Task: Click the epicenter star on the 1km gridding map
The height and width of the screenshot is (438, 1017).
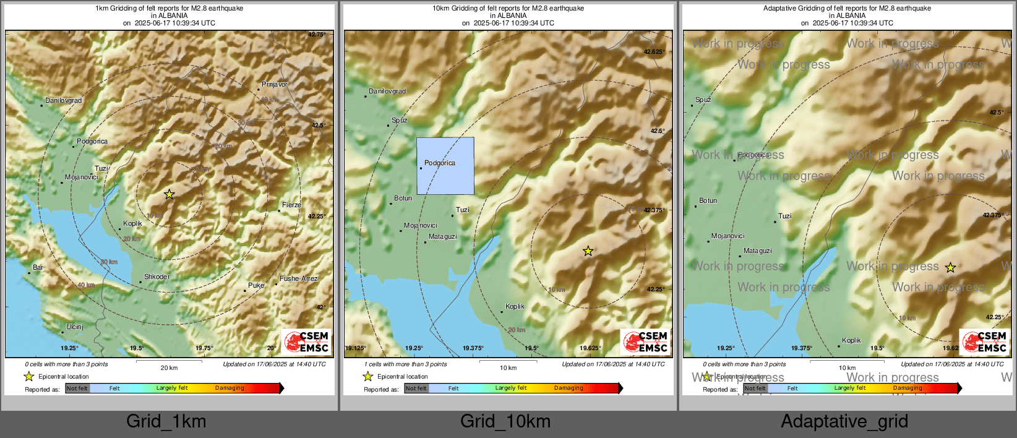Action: [169, 194]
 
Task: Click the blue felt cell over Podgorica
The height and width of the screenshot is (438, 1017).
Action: [445, 166]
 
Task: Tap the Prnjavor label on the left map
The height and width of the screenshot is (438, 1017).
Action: [275, 84]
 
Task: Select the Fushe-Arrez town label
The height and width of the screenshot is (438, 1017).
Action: [299, 278]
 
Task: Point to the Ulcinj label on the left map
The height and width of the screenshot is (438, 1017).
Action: [75, 327]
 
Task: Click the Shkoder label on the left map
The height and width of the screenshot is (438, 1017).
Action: [157, 277]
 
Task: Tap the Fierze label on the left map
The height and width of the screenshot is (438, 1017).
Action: [291, 205]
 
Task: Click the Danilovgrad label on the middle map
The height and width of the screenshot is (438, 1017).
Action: [387, 91]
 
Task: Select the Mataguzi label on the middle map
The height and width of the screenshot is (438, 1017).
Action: [442, 236]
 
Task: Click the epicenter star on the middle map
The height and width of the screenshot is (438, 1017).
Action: [588, 251]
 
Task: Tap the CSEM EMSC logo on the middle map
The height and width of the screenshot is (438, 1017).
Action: [645, 342]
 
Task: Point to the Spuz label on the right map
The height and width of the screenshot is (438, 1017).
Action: [703, 100]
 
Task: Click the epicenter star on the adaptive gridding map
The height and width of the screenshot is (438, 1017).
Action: [950, 268]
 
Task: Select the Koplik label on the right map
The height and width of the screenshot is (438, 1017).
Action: [851, 340]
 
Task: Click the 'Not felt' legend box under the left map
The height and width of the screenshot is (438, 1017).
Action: [77, 389]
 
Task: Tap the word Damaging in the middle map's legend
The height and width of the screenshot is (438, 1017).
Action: [569, 388]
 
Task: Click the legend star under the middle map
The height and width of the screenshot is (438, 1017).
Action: [367, 376]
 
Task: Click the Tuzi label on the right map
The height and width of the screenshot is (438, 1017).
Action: [784, 216]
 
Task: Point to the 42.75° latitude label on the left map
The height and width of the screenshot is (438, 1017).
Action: [316, 35]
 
